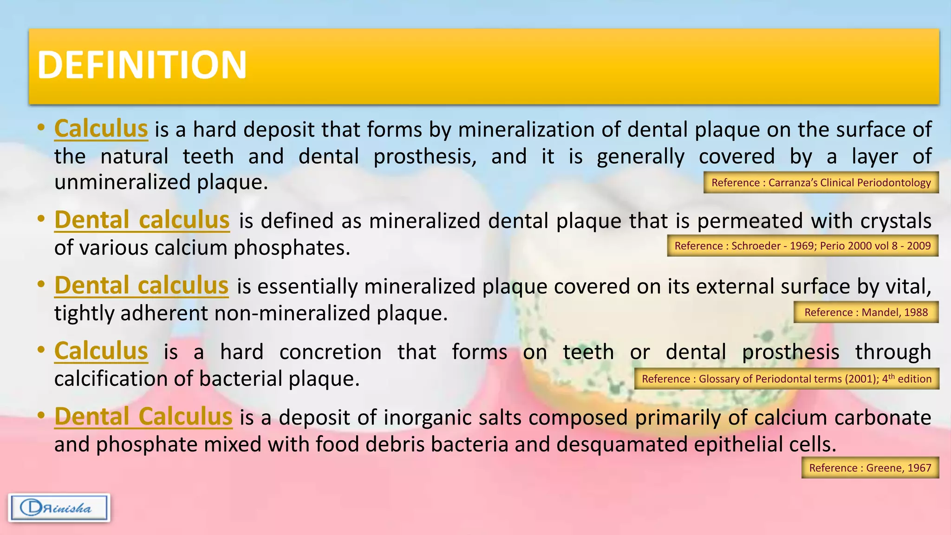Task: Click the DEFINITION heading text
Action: click(x=142, y=65)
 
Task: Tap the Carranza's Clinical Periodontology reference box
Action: click(x=821, y=183)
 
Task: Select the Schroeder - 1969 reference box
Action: click(x=802, y=246)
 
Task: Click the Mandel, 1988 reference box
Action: click(x=866, y=312)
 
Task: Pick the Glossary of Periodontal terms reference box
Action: click(x=786, y=379)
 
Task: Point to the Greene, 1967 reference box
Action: click(x=870, y=468)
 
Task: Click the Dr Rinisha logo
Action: click(x=59, y=508)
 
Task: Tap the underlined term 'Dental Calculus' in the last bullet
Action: click(x=143, y=417)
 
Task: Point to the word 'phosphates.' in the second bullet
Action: click(x=292, y=248)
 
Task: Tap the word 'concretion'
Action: click(x=330, y=352)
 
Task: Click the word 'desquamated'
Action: click(x=622, y=444)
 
